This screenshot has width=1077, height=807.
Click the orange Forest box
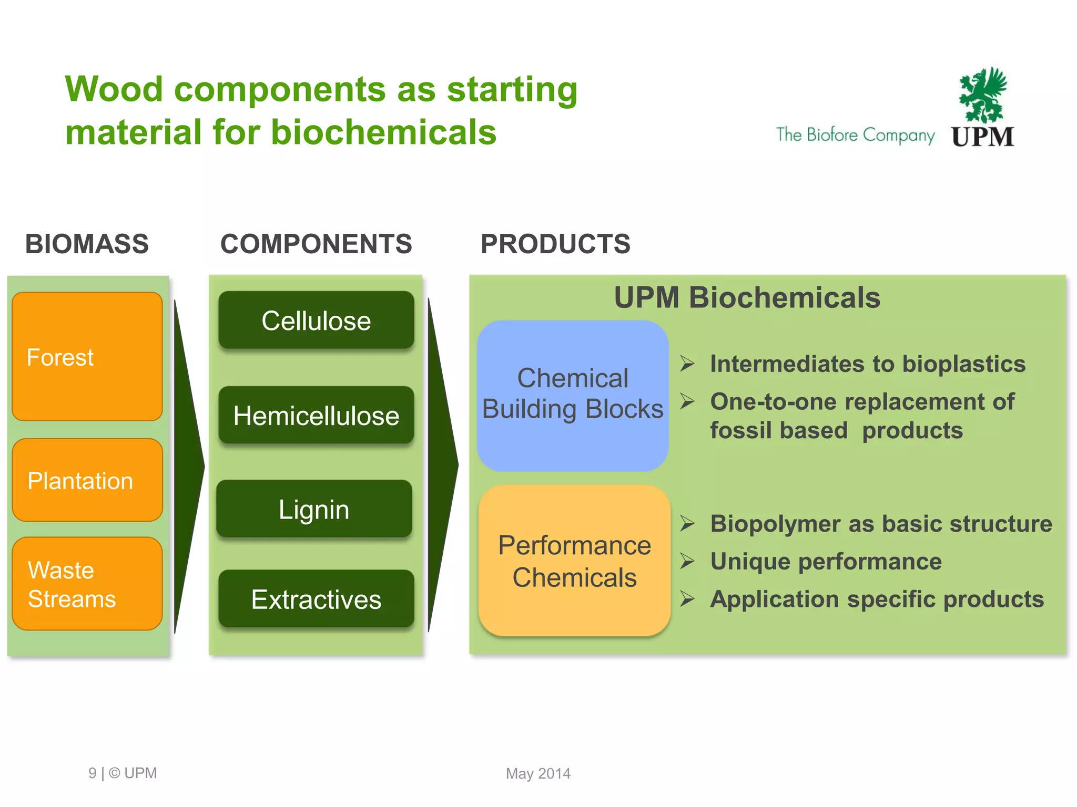click(x=87, y=356)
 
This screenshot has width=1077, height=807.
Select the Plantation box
click(x=87, y=480)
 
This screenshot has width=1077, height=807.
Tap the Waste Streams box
click(x=87, y=583)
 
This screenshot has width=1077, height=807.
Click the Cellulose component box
click(x=316, y=320)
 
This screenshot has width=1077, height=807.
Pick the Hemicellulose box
click(x=316, y=415)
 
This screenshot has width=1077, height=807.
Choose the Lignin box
click(x=314, y=509)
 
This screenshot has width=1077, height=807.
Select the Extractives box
click(x=316, y=599)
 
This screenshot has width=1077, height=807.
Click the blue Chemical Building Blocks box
click(x=573, y=395)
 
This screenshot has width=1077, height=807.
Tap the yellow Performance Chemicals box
click(x=574, y=561)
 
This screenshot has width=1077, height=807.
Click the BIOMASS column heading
click(x=87, y=244)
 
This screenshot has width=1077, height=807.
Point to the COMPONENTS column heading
click(x=316, y=244)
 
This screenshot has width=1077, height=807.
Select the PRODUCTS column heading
click(x=555, y=244)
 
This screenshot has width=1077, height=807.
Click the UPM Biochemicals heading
click(x=747, y=298)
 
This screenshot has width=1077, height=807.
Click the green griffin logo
click(x=982, y=95)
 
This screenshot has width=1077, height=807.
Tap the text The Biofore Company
click(x=855, y=135)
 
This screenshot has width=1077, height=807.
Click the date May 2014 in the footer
click(x=538, y=773)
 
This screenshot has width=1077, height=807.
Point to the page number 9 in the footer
click(x=93, y=773)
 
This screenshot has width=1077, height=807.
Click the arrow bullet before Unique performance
click(x=687, y=561)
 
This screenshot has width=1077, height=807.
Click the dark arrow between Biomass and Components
click(x=188, y=465)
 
